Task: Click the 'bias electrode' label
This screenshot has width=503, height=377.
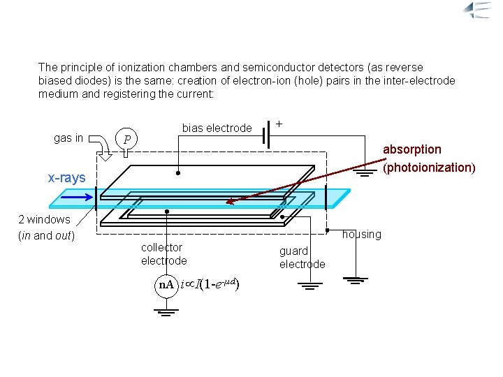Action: [217, 128]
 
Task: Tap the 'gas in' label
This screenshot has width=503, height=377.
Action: [68, 138]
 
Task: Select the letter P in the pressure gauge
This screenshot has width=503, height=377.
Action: [126, 139]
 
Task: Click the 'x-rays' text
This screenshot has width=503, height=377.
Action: [66, 178]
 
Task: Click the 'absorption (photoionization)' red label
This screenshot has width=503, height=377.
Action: [429, 158]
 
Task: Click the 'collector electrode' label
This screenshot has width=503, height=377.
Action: [163, 254]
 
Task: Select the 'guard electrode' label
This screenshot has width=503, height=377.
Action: [302, 257]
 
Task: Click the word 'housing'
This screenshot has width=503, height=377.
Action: [361, 235]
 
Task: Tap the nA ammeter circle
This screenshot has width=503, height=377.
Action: [166, 286]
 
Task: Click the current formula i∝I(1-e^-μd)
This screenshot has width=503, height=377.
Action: [210, 284]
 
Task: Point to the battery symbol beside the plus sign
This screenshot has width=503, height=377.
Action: [266, 134]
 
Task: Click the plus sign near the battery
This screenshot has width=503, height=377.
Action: [279, 123]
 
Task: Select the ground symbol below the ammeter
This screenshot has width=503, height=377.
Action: [166, 311]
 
